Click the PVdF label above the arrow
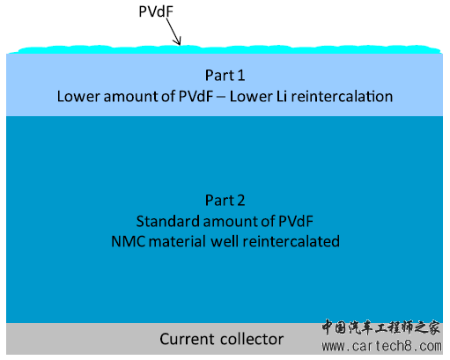click(156, 11)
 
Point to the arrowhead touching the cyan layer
click(178, 41)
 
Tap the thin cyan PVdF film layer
click(225, 49)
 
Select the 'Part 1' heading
click(225, 76)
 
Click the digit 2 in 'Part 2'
click(240, 201)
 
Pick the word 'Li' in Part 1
click(282, 97)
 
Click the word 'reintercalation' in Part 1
click(342, 97)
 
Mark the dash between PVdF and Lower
click(221, 98)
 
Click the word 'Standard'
click(167, 221)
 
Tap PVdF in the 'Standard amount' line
click(296, 221)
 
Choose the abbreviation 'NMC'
click(129, 242)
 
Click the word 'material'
click(177, 242)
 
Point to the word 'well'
click(225, 242)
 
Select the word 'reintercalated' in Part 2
click(291, 242)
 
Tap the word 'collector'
click(252, 340)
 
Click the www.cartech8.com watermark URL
click(381, 347)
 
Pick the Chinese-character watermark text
click(380, 327)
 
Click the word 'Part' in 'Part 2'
click(219, 201)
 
